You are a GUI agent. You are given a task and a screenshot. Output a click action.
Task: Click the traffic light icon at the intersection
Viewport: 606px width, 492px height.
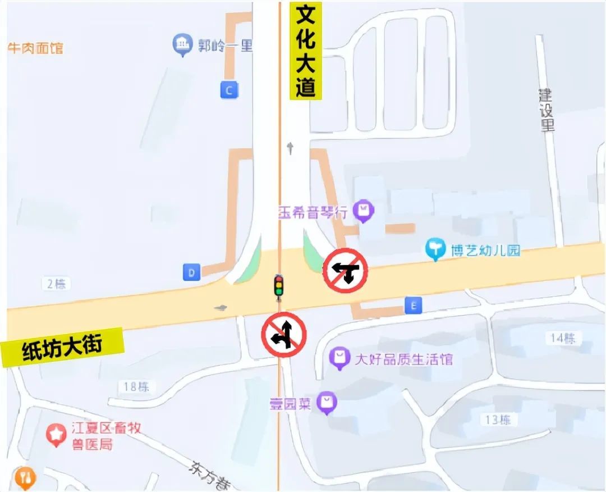point(278,286)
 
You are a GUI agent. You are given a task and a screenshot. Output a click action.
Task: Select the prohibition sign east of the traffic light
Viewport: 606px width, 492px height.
point(345,271)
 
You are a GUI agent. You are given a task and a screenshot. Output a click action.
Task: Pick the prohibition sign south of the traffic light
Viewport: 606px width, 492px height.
point(283,335)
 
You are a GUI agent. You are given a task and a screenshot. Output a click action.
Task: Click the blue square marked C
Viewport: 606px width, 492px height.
point(228,90)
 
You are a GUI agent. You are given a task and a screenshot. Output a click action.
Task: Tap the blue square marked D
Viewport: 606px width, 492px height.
point(192,273)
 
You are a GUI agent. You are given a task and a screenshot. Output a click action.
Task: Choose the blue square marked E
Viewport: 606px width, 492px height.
point(414,306)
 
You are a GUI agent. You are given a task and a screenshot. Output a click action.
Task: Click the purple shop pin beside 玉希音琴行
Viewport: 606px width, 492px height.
point(365,212)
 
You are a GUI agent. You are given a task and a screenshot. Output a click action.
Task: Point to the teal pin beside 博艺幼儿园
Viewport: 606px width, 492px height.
point(435,249)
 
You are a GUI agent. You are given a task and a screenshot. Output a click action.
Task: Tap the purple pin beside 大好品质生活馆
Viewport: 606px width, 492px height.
point(339,358)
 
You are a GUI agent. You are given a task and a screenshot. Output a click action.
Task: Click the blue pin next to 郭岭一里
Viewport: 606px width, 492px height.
point(182,45)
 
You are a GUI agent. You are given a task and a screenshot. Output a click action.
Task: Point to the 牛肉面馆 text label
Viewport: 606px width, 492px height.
point(35,48)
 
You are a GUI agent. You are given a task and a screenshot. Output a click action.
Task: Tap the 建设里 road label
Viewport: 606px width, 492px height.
point(547,110)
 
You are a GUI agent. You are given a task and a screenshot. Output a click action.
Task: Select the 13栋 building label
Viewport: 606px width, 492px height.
point(498,420)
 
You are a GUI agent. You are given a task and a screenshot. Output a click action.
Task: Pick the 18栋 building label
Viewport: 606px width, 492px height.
point(136,386)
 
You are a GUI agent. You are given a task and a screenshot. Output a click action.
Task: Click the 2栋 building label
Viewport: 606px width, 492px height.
point(56,284)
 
